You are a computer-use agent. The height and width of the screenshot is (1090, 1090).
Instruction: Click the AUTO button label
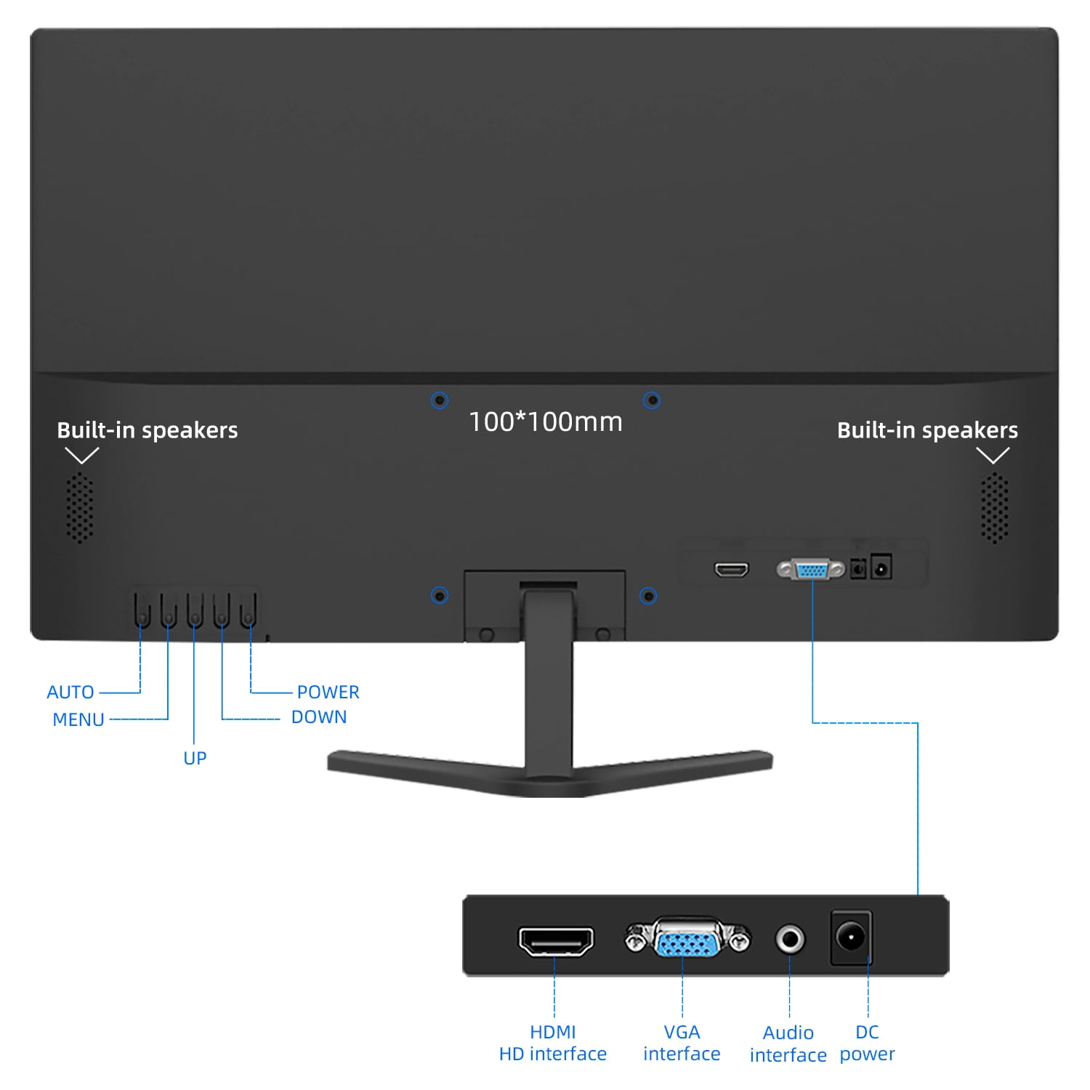point(70,692)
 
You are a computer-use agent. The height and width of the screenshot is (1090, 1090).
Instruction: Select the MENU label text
point(78,719)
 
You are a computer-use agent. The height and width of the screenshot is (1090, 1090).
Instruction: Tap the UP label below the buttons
point(195,758)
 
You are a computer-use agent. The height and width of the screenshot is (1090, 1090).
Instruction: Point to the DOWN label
point(319,716)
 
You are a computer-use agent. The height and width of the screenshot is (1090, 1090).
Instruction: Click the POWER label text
point(328,692)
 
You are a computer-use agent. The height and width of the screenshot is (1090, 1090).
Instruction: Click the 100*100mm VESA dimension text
point(546,421)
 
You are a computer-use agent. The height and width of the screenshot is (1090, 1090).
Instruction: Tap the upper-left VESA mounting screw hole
point(440,400)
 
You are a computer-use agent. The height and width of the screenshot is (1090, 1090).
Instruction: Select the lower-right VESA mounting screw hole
point(648,596)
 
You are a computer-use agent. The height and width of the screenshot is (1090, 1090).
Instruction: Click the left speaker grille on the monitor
point(80,508)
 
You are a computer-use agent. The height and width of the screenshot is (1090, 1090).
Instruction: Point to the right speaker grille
point(994,508)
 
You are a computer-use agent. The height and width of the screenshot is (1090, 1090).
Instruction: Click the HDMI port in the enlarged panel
point(556,941)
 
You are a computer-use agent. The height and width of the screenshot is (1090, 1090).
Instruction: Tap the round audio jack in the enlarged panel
point(790,939)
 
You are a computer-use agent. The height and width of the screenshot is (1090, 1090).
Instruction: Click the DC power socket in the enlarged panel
point(851,937)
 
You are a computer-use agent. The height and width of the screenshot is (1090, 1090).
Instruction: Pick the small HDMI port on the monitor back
point(731,569)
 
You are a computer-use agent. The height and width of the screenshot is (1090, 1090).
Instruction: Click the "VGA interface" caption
point(682,1043)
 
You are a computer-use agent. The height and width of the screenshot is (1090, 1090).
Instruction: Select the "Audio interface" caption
point(788,1043)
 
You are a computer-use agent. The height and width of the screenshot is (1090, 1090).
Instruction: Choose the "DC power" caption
point(867,1043)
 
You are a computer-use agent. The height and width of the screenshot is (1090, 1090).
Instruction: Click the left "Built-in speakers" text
point(148,430)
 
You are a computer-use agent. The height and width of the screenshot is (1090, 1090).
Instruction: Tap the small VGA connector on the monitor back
point(811,570)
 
